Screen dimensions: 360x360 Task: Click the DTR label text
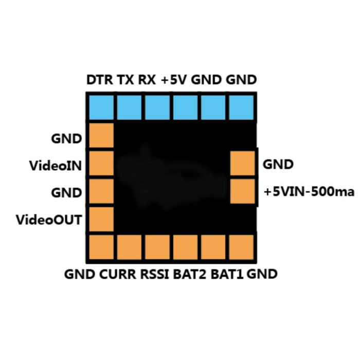click(x=100, y=80)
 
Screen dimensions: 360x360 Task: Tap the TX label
click(x=125, y=80)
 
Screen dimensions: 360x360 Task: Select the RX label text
click(x=147, y=80)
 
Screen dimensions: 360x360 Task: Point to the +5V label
click(x=174, y=80)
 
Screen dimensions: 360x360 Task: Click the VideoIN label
click(x=56, y=166)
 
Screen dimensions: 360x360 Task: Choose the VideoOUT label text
click(x=49, y=220)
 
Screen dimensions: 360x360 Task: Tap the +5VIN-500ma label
click(x=309, y=192)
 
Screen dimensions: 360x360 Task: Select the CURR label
click(x=118, y=274)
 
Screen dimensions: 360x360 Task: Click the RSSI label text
click(x=154, y=274)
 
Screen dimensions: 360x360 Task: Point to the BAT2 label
click(x=190, y=274)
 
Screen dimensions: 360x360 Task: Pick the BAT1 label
click(x=227, y=274)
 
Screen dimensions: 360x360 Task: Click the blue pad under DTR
click(x=101, y=107)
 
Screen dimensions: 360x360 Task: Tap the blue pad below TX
click(x=129, y=107)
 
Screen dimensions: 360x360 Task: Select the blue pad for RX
click(x=157, y=107)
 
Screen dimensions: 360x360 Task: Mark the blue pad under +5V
click(x=185, y=107)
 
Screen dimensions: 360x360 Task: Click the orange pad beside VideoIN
click(x=101, y=163)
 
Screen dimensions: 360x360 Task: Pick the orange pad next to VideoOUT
click(x=101, y=219)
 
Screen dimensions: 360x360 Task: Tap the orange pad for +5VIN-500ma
click(x=242, y=191)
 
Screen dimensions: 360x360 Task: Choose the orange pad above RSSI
click(x=157, y=247)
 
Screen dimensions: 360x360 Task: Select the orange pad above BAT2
click(x=185, y=247)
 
